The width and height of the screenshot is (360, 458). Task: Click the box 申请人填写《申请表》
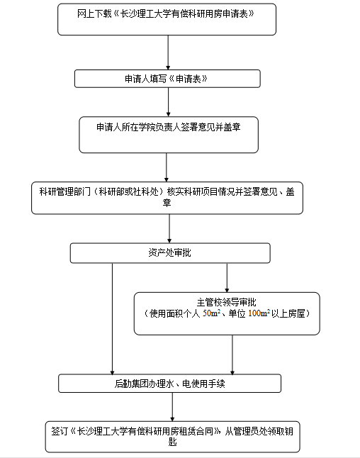click(x=167, y=79)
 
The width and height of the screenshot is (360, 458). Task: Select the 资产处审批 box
click(x=170, y=253)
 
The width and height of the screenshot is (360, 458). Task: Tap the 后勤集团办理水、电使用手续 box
click(x=169, y=384)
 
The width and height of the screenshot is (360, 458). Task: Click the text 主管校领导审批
click(x=226, y=302)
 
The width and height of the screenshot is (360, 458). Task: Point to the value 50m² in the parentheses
click(x=211, y=313)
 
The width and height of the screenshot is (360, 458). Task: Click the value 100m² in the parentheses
click(x=259, y=313)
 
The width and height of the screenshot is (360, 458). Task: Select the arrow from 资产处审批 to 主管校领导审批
click(x=227, y=278)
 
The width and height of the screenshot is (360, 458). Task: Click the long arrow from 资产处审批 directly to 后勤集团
click(x=112, y=319)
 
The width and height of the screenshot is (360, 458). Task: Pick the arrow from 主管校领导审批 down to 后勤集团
click(x=232, y=355)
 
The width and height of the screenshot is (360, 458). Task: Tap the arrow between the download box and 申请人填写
click(x=168, y=52)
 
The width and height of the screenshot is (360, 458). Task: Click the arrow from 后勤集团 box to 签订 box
click(x=172, y=407)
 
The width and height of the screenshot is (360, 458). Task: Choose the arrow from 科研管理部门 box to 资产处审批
click(x=169, y=229)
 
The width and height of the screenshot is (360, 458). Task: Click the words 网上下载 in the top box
click(x=94, y=13)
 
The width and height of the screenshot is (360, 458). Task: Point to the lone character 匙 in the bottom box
click(x=172, y=442)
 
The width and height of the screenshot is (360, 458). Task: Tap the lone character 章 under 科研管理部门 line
click(x=167, y=203)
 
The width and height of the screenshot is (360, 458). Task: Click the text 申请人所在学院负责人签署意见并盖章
click(x=169, y=127)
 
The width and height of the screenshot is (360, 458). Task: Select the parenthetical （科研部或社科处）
click(x=128, y=191)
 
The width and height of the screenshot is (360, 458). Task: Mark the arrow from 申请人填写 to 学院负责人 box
click(x=168, y=102)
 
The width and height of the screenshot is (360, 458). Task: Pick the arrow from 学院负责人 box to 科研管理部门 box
click(x=167, y=167)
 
